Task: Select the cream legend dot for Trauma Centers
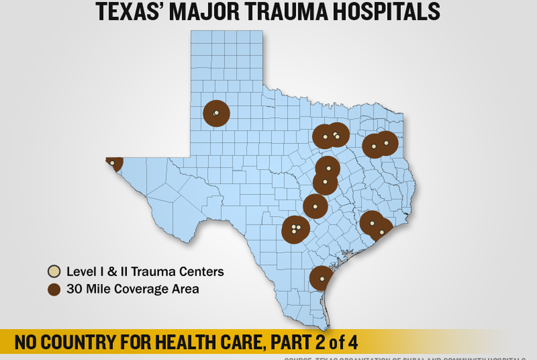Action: click(54, 271)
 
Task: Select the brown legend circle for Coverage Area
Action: click(54, 289)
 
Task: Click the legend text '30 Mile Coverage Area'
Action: click(132, 289)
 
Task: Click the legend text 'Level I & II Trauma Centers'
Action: click(145, 271)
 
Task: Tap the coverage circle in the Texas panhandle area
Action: click(216, 113)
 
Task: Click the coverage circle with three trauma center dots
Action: click(296, 229)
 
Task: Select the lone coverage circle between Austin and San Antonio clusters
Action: click(315, 206)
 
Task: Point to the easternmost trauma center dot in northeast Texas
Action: click(386, 143)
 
